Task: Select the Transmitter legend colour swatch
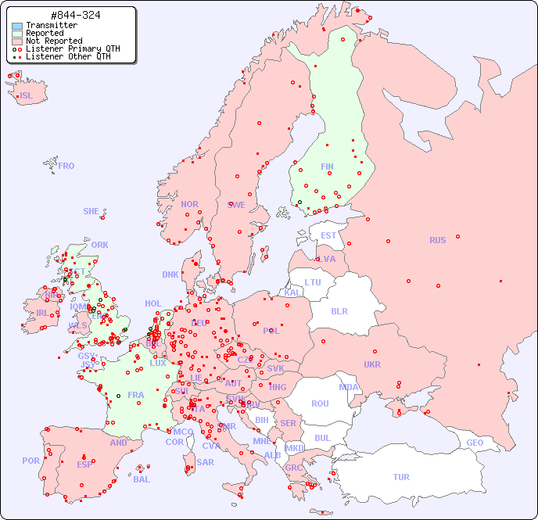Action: coord(17,26)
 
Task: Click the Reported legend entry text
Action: coord(45,34)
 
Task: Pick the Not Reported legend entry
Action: coord(53,41)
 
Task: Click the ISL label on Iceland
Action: coord(27,96)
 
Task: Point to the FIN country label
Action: coord(327,167)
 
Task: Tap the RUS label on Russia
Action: coord(437,240)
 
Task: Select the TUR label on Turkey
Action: coord(401,477)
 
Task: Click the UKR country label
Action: coord(371,364)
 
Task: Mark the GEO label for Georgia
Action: coord(475,443)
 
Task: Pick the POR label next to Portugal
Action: coord(30,461)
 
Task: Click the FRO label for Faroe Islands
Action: coord(66,166)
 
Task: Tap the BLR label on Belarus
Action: coord(339,310)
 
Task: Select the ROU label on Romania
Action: coord(320,403)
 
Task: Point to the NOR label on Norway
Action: coord(189,204)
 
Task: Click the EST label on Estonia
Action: coord(328,235)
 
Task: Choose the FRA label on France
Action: coord(136,395)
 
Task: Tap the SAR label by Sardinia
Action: coord(205,462)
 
